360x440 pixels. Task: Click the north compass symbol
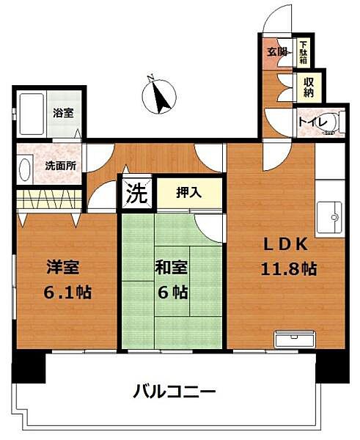point(159,95)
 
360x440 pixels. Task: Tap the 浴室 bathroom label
point(62,113)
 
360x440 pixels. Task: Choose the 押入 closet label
point(188,193)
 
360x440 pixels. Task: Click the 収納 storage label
point(309,87)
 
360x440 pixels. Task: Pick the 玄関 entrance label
point(277,51)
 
